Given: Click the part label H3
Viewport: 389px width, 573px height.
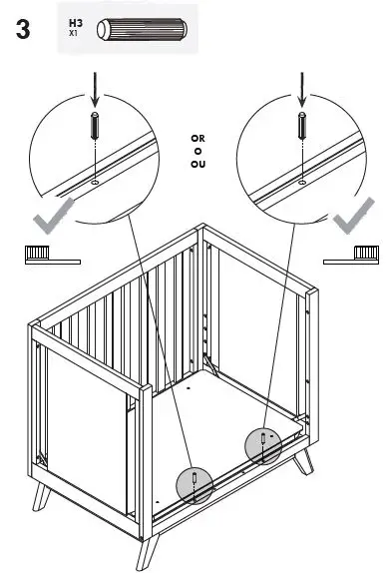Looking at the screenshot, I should click(x=76, y=21).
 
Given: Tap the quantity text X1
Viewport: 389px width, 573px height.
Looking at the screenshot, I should click(x=73, y=33).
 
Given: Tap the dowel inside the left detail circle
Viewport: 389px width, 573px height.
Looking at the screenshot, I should click(x=94, y=130).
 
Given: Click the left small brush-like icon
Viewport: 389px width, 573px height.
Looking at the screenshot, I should click(x=49, y=255).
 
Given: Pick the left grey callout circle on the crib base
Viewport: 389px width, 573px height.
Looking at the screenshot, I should click(x=195, y=484).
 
